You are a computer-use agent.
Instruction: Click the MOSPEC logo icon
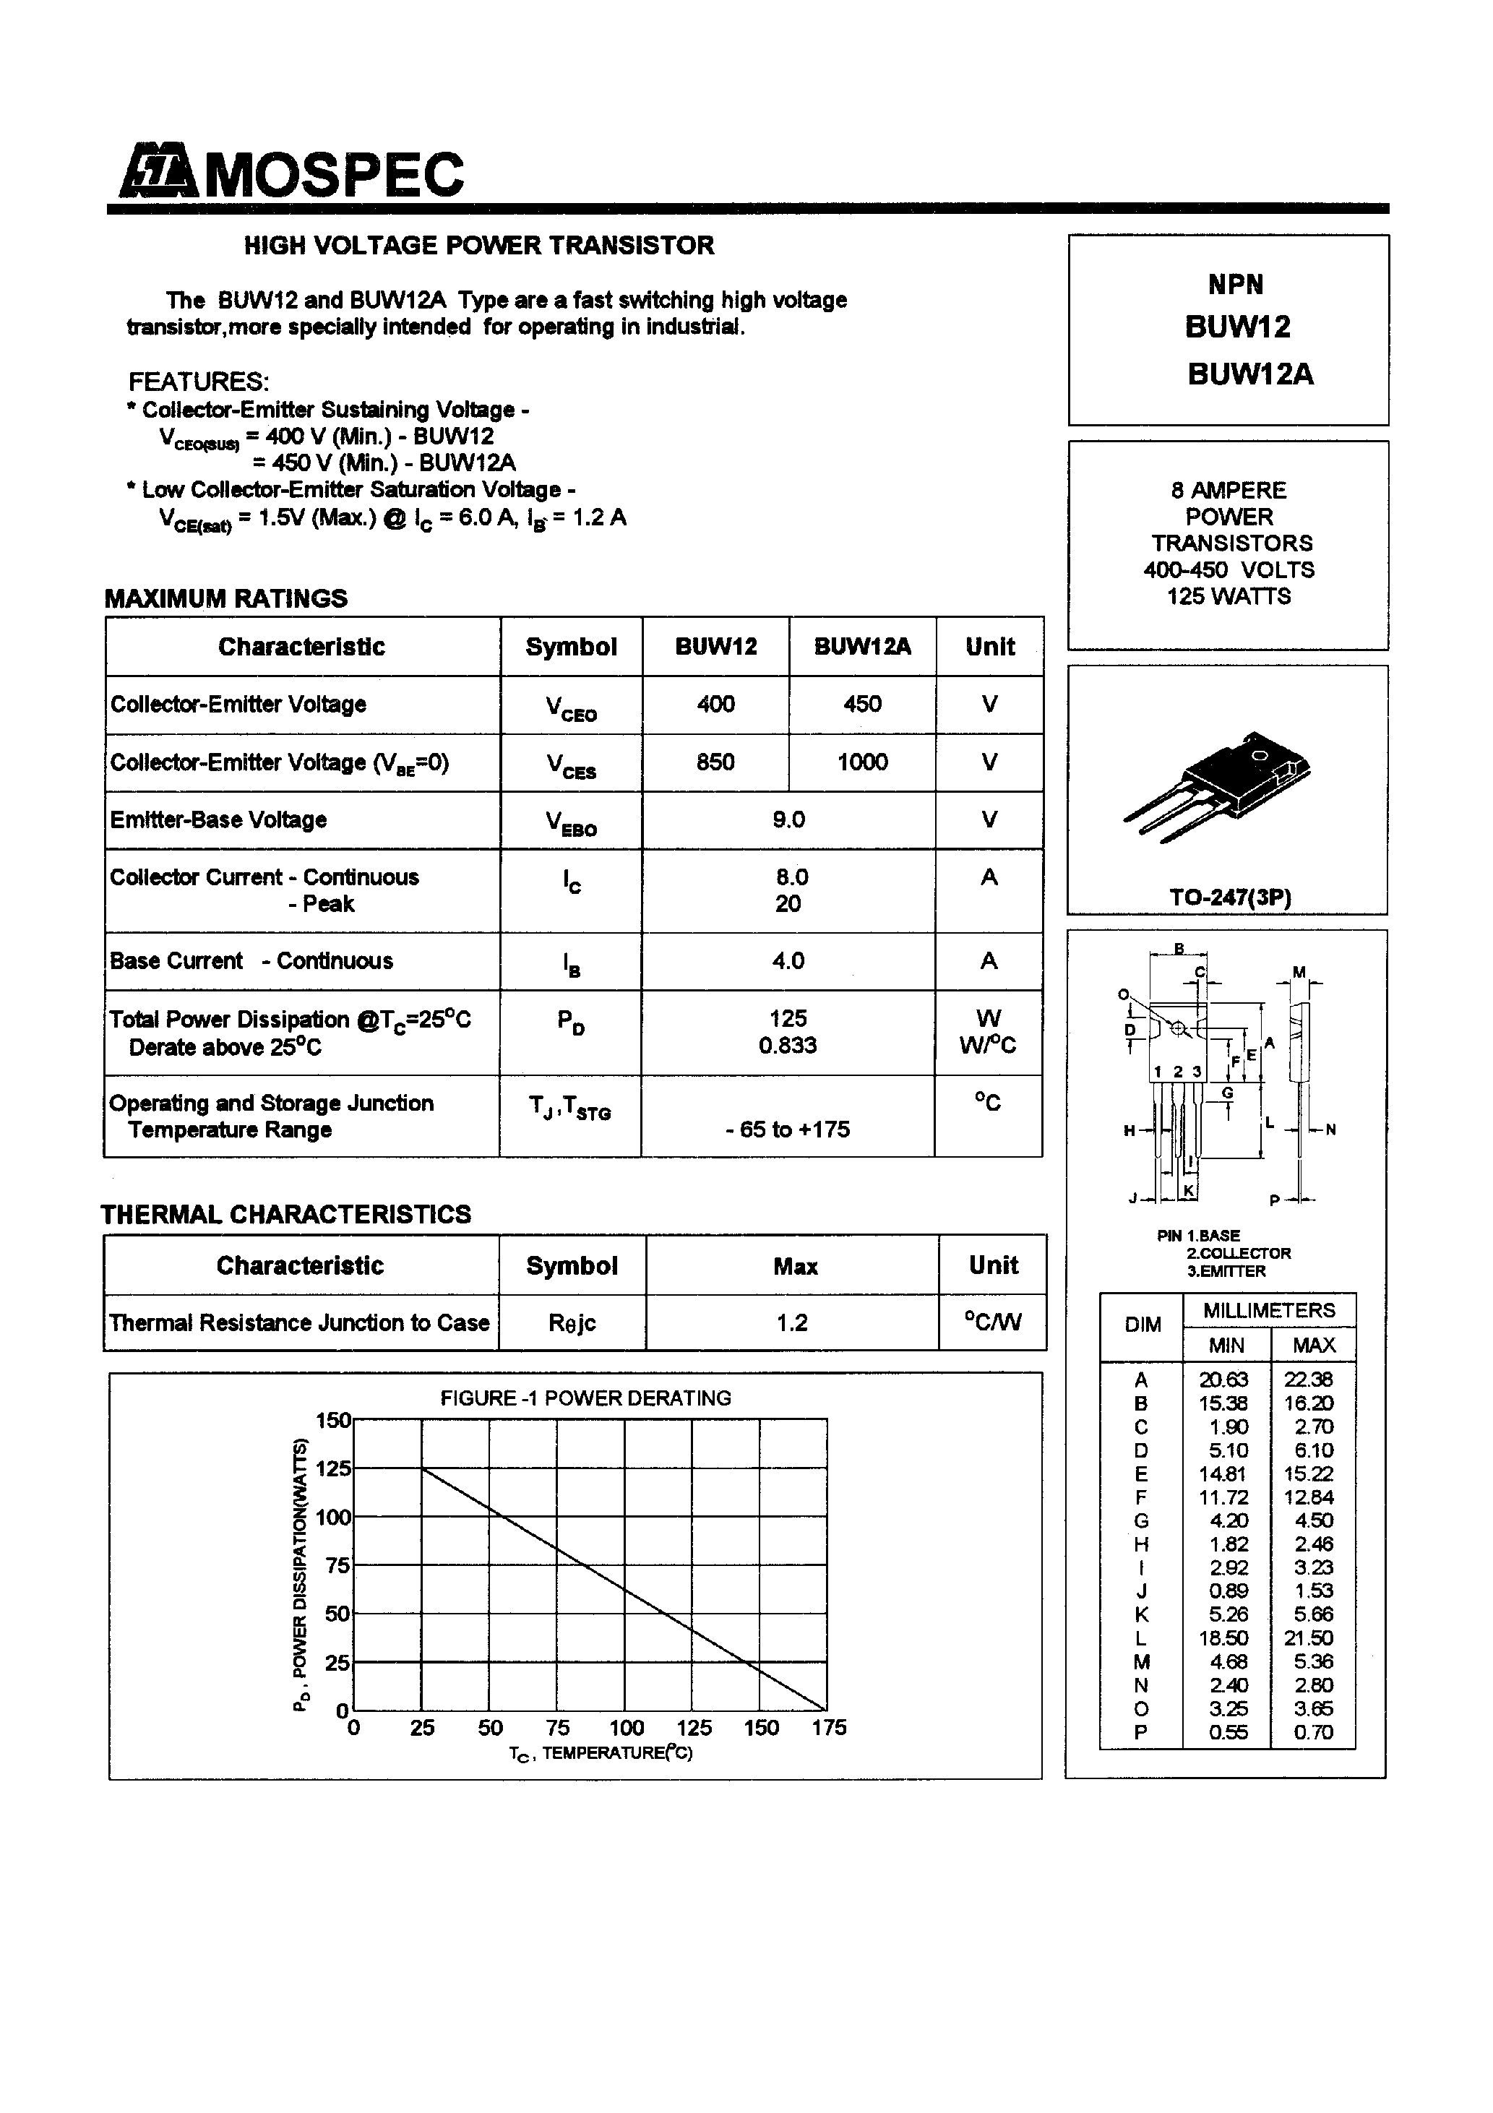coord(157,171)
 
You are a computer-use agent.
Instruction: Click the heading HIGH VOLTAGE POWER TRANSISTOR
coord(478,246)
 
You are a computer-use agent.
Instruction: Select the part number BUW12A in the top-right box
coord(1250,374)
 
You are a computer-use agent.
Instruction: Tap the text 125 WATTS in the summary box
coord(1228,596)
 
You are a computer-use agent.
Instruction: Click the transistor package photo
coord(1217,784)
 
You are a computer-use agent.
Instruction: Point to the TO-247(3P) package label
coord(1230,898)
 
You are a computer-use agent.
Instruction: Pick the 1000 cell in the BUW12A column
coord(861,762)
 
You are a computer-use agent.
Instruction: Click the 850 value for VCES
coord(715,762)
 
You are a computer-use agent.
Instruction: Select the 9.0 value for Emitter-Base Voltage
coord(789,819)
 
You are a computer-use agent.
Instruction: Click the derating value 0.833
coord(788,1046)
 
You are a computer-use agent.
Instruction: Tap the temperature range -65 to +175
coord(788,1129)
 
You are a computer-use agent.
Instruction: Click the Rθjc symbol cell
coord(572,1322)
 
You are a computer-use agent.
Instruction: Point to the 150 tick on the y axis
coord(333,1420)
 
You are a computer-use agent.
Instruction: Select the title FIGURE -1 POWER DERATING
coord(585,1398)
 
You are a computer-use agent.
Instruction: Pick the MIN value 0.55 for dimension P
coord(1229,1732)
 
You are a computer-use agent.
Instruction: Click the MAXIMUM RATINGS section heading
coord(226,598)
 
